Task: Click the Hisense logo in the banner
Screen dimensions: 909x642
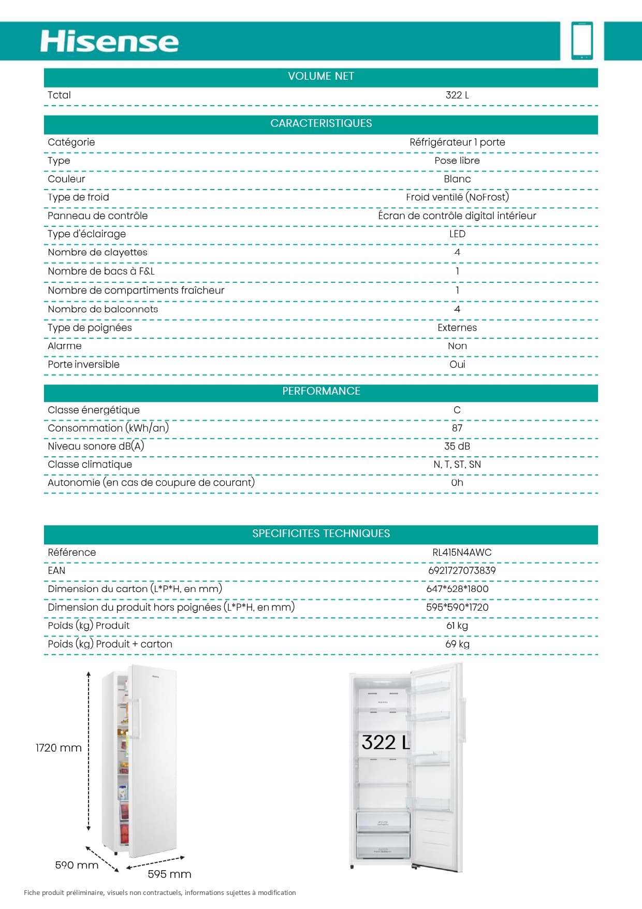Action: coord(109,41)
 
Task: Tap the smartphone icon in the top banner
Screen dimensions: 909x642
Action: coord(582,41)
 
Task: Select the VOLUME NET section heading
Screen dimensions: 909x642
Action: coord(321,76)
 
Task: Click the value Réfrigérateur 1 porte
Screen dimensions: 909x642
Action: coord(457,142)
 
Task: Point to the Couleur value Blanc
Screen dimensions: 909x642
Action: coord(457,179)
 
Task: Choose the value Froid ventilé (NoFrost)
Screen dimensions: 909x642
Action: coord(457,197)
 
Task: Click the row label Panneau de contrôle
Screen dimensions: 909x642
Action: coord(97,215)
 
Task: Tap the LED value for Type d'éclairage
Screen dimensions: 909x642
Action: coord(457,234)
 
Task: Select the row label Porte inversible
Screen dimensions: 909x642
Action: coord(83,364)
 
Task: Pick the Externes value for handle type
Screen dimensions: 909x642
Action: coord(457,327)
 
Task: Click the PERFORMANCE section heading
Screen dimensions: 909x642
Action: coord(321,391)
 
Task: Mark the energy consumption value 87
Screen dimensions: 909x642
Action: coord(457,428)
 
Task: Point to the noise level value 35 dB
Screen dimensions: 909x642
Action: coord(457,446)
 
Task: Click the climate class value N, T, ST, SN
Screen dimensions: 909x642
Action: coord(457,464)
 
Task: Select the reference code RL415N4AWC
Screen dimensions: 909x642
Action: coord(462,552)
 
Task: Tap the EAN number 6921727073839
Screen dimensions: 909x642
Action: coord(462,570)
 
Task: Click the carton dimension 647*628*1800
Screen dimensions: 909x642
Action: coord(457,588)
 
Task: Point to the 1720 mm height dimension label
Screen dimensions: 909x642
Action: coord(59,747)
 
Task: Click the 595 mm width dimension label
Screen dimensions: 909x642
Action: coord(169,874)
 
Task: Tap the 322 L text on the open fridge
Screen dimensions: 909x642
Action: coord(385,742)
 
